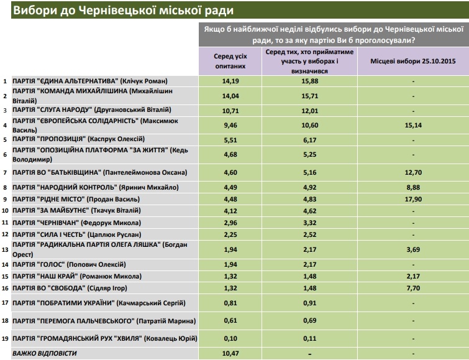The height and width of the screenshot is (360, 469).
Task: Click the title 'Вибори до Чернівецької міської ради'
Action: click(123, 11)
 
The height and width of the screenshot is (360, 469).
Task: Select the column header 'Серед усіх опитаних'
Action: click(230, 61)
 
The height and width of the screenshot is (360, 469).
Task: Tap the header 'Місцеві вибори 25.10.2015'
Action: click(413, 61)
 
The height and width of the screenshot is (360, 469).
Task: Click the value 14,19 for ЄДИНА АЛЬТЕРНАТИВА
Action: click(230, 81)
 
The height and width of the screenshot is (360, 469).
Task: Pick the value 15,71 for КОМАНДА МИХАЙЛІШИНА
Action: click(309, 96)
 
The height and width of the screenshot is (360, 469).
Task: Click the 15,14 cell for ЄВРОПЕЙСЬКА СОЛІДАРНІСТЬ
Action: click(413, 125)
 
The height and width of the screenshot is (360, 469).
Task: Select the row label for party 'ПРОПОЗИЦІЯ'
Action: click(78, 139)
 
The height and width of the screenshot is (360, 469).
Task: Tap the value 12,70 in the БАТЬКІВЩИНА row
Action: click(413, 172)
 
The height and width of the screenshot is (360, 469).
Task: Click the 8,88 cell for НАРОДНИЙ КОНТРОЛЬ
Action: click(413, 188)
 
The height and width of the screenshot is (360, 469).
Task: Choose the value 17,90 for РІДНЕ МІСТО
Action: click(413, 199)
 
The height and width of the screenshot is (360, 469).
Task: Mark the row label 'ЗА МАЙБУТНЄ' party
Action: click(76, 211)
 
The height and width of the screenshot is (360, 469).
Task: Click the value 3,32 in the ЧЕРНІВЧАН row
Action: click(309, 223)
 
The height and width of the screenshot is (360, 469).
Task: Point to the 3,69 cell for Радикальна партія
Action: click(413, 249)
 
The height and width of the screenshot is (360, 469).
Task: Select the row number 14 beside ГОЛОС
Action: click(5, 264)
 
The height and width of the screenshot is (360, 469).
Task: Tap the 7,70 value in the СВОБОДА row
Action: click(413, 288)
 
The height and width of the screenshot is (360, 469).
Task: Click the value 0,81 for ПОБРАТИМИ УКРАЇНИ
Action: click(230, 303)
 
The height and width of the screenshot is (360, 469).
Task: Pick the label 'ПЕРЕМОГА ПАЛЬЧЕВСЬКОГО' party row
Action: click(104, 321)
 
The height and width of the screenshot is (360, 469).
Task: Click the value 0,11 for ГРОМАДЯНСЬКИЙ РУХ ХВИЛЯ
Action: click(309, 338)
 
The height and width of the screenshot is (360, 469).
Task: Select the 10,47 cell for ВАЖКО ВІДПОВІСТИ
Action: click(230, 353)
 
